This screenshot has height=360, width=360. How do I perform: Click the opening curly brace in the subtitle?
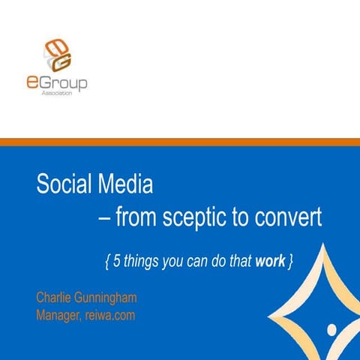tap(107, 261)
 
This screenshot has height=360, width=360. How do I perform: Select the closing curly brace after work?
tap(289, 261)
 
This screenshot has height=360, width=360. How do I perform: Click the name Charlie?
tap(55, 298)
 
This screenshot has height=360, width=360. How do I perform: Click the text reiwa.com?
tap(111, 315)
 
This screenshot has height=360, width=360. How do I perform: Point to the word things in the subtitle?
tap(142, 261)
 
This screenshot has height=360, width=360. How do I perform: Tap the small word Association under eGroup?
tap(67, 96)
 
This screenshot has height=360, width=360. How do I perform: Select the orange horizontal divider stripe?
tap(180, 142)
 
